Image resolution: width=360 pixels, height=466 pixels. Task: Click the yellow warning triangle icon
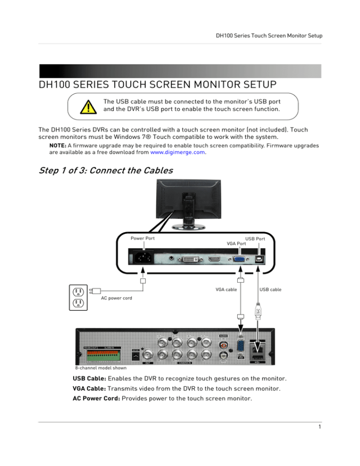tap(85, 107)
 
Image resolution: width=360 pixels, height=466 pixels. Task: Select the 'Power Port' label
tap(142, 238)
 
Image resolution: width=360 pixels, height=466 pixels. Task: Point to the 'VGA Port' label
tap(237, 243)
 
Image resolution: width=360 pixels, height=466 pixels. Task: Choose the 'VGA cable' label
tap(226, 289)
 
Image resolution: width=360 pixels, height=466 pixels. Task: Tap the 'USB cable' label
tap(270, 289)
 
